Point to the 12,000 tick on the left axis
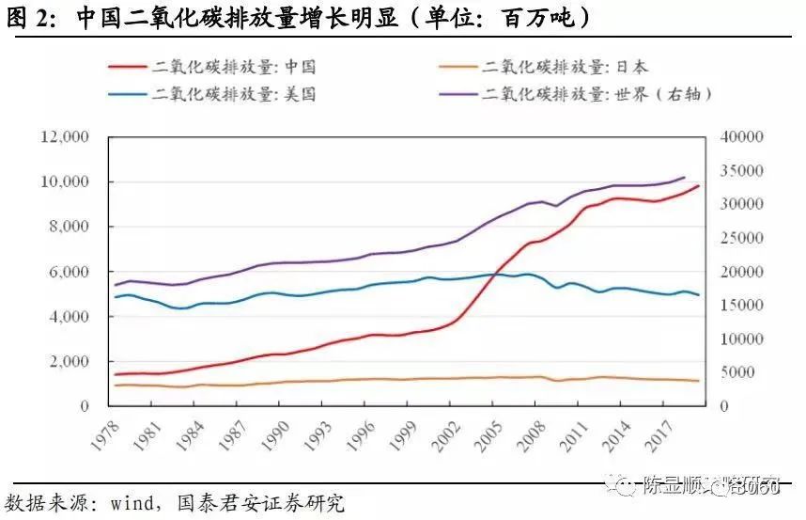(x=65, y=137)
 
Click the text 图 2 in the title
(x=28, y=18)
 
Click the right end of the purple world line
(x=684, y=177)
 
